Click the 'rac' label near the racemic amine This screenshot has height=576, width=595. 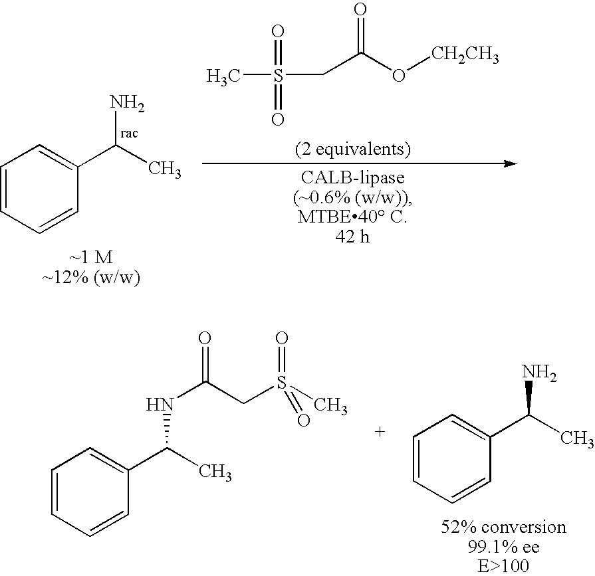coord(130,132)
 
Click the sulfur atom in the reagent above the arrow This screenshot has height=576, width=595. coord(279,76)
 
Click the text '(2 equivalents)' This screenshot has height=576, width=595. coord(352,149)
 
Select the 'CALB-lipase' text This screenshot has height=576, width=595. coord(352,178)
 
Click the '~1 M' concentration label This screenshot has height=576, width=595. coord(92,258)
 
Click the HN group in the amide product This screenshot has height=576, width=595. coord(160,403)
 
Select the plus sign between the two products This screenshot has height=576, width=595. coord(380,432)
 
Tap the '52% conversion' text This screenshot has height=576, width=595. coord(504,527)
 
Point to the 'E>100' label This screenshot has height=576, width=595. coord(504,565)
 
